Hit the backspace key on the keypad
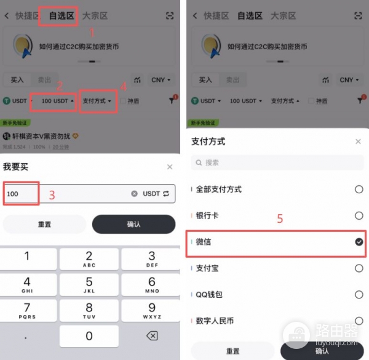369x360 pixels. coord(152,336)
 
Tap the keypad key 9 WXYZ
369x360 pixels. coord(152,311)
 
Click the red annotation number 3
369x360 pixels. coord(52,195)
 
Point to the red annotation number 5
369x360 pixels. coord(280,219)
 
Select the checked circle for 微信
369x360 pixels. coord(359,242)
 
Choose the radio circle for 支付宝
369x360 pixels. coord(359,268)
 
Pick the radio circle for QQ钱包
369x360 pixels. coord(359,295)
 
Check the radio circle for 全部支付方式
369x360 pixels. coord(359,190)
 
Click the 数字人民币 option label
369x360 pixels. coord(215,321)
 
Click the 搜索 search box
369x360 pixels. coord(277,162)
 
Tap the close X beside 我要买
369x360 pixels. coord(170,167)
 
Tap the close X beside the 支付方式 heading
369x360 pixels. coord(359,142)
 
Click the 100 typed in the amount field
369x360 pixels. coord(13,194)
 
